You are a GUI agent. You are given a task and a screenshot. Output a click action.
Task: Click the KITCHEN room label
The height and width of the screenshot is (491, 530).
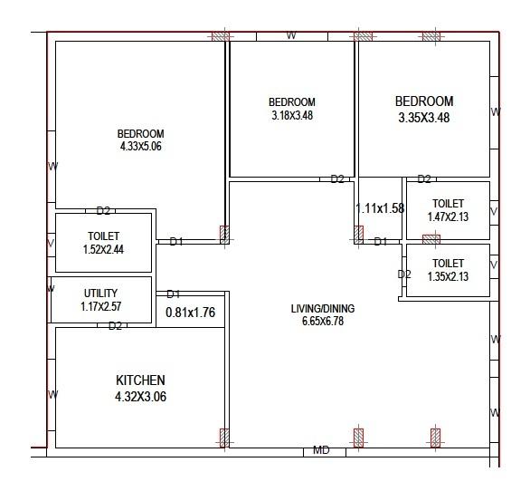pyautogui.click(x=140, y=380)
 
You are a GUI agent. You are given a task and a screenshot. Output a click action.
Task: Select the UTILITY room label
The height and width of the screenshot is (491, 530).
pyautogui.click(x=101, y=294)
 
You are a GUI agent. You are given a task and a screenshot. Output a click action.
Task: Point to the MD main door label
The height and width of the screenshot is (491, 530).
pyautogui.click(x=321, y=450)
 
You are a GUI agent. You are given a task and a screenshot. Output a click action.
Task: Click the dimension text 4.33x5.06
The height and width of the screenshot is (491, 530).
pyautogui.click(x=140, y=146)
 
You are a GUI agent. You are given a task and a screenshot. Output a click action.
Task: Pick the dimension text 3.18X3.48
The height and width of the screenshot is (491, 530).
pyautogui.click(x=292, y=115)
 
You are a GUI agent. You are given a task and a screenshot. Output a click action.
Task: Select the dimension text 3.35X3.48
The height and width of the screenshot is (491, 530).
pyautogui.click(x=424, y=118)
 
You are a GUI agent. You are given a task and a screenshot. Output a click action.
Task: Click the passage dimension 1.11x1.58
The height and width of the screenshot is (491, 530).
pyautogui.click(x=380, y=208)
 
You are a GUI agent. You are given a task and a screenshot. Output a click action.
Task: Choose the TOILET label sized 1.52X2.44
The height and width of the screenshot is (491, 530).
pyautogui.click(x=104, y=236)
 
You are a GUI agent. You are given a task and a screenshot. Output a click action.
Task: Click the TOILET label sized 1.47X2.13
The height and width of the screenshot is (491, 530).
pyautogui.click(x=448, y=204)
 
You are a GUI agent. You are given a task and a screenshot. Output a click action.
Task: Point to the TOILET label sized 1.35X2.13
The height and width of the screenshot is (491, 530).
pyautogui.click(x=448, y=264)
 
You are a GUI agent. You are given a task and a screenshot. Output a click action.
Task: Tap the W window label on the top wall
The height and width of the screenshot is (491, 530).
pyautogui.click(x=291, y=35)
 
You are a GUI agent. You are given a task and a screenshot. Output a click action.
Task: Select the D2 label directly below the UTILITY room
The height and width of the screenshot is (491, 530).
pyautogui.click(x=115, y=326)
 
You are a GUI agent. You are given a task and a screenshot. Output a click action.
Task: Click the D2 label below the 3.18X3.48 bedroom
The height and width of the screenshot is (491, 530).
pyautogui.click(x=337, y=179)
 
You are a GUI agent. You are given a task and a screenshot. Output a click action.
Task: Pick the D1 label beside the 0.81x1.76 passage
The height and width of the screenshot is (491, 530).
pyautogui.click(x=173, y=294)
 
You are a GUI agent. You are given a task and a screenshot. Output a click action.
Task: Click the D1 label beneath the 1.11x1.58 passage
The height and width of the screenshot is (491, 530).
pyautogui.click(x=381, y=242)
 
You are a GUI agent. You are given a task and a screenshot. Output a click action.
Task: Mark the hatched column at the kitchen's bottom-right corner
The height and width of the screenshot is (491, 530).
pyautogui.click(x=224, y=438)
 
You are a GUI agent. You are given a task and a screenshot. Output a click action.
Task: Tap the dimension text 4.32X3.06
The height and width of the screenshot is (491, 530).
pyautogui.click(x=140, y=397)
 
